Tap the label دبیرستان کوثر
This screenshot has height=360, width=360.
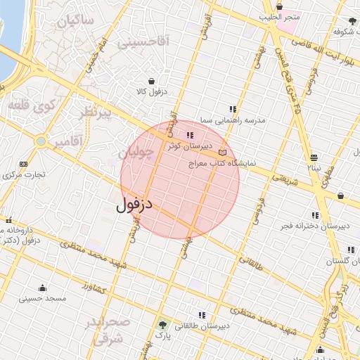184,146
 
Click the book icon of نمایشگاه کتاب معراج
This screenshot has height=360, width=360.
223,152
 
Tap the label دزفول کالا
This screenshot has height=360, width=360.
150,92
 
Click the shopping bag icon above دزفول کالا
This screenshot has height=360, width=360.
150,81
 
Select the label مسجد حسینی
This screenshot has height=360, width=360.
44,299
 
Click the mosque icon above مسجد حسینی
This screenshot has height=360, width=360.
43,288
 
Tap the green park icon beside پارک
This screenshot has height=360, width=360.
163,326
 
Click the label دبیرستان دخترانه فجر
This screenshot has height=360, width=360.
315,226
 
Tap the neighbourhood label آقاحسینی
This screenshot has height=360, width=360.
143,42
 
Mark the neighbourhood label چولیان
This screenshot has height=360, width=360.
134,153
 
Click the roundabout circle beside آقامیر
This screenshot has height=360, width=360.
41,141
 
